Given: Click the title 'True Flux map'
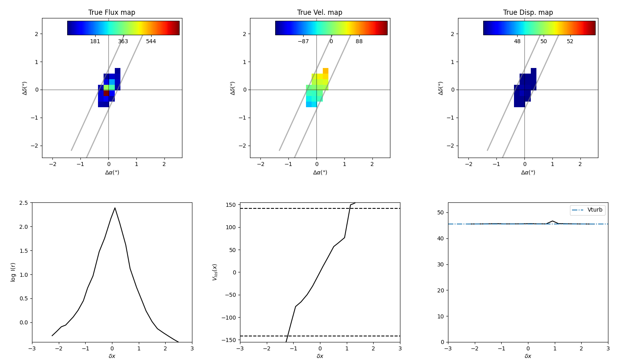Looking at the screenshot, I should click(x=112, y=12).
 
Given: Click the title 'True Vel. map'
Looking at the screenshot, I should click(x=320, y=12).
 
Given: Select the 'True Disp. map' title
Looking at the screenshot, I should click(x=528, y=12).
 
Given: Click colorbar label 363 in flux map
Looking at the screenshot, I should click(x=123, y=42).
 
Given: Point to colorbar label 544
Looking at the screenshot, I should click(x=151, y=42).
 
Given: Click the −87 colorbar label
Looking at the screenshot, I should click(x=303, y=42).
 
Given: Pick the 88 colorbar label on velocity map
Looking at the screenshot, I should click(x=359, y=42).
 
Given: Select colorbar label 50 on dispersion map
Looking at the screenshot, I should click(x=544, y=42).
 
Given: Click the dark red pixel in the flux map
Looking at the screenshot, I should click(x=106, y=93).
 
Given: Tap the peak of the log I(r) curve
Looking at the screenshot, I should click(x=115, y=208).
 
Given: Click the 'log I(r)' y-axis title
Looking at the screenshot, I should click(x=13, y=272).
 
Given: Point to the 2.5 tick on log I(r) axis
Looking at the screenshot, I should click(x=23, y=203).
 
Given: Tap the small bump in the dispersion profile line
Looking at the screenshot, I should click(x=552, y=221).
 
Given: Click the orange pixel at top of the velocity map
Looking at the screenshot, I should click(x=326, y=71).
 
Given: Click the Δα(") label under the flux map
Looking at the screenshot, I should click(x=112, y=172).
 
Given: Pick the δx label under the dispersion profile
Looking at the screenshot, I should click(x=528, y=356).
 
